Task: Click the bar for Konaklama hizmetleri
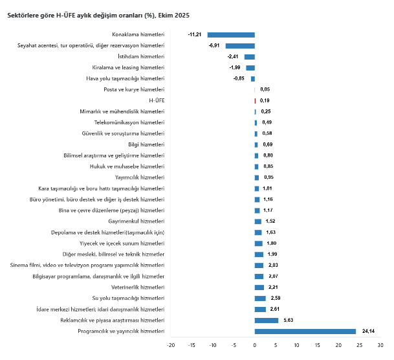231,34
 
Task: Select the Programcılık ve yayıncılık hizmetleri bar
305,332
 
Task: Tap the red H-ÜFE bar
256,100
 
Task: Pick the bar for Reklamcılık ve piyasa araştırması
267,321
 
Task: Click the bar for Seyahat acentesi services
240,45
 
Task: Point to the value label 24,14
368,332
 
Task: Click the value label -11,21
195,34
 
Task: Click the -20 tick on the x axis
171,346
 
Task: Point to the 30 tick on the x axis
380,346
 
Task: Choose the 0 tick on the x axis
255,346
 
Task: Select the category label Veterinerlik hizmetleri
138,287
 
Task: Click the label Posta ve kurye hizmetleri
134,89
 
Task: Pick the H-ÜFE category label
157,100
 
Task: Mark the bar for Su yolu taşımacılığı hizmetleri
260,298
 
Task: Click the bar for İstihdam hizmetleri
250,56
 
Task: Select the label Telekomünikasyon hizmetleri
129,122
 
